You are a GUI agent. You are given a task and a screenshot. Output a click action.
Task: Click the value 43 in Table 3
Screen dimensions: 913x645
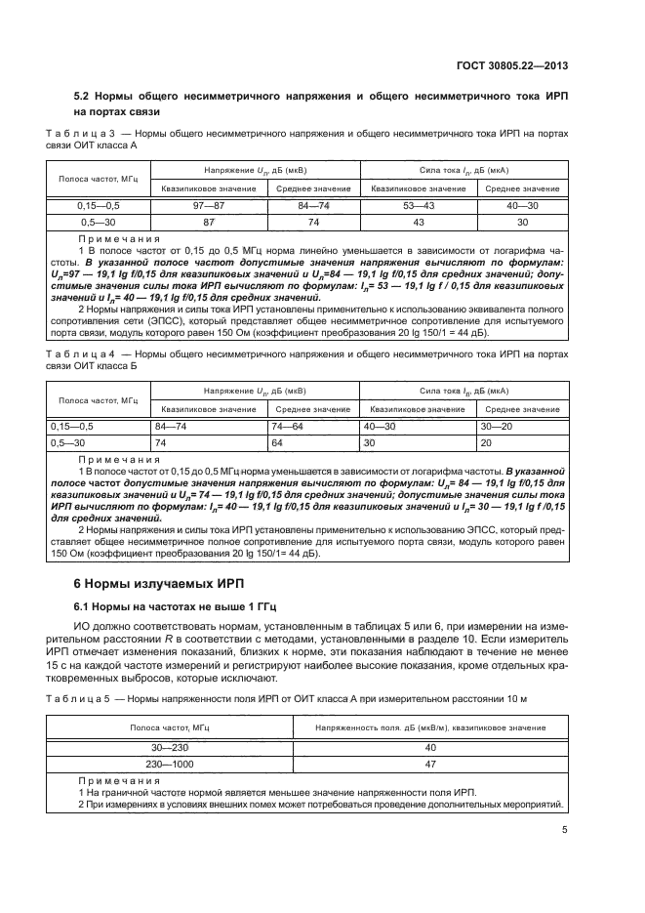(421, 223)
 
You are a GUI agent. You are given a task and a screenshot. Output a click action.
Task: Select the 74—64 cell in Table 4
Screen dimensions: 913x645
(290, 427)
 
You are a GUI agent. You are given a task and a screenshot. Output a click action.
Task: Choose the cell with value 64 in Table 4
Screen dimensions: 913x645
(279, 442)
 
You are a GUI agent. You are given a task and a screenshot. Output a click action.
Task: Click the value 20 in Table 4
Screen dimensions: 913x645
(486, 442)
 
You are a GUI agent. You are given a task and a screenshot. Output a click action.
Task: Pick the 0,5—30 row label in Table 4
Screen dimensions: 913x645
(69, 442)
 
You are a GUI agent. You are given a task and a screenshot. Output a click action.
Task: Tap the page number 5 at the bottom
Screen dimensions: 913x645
(565, 831)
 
